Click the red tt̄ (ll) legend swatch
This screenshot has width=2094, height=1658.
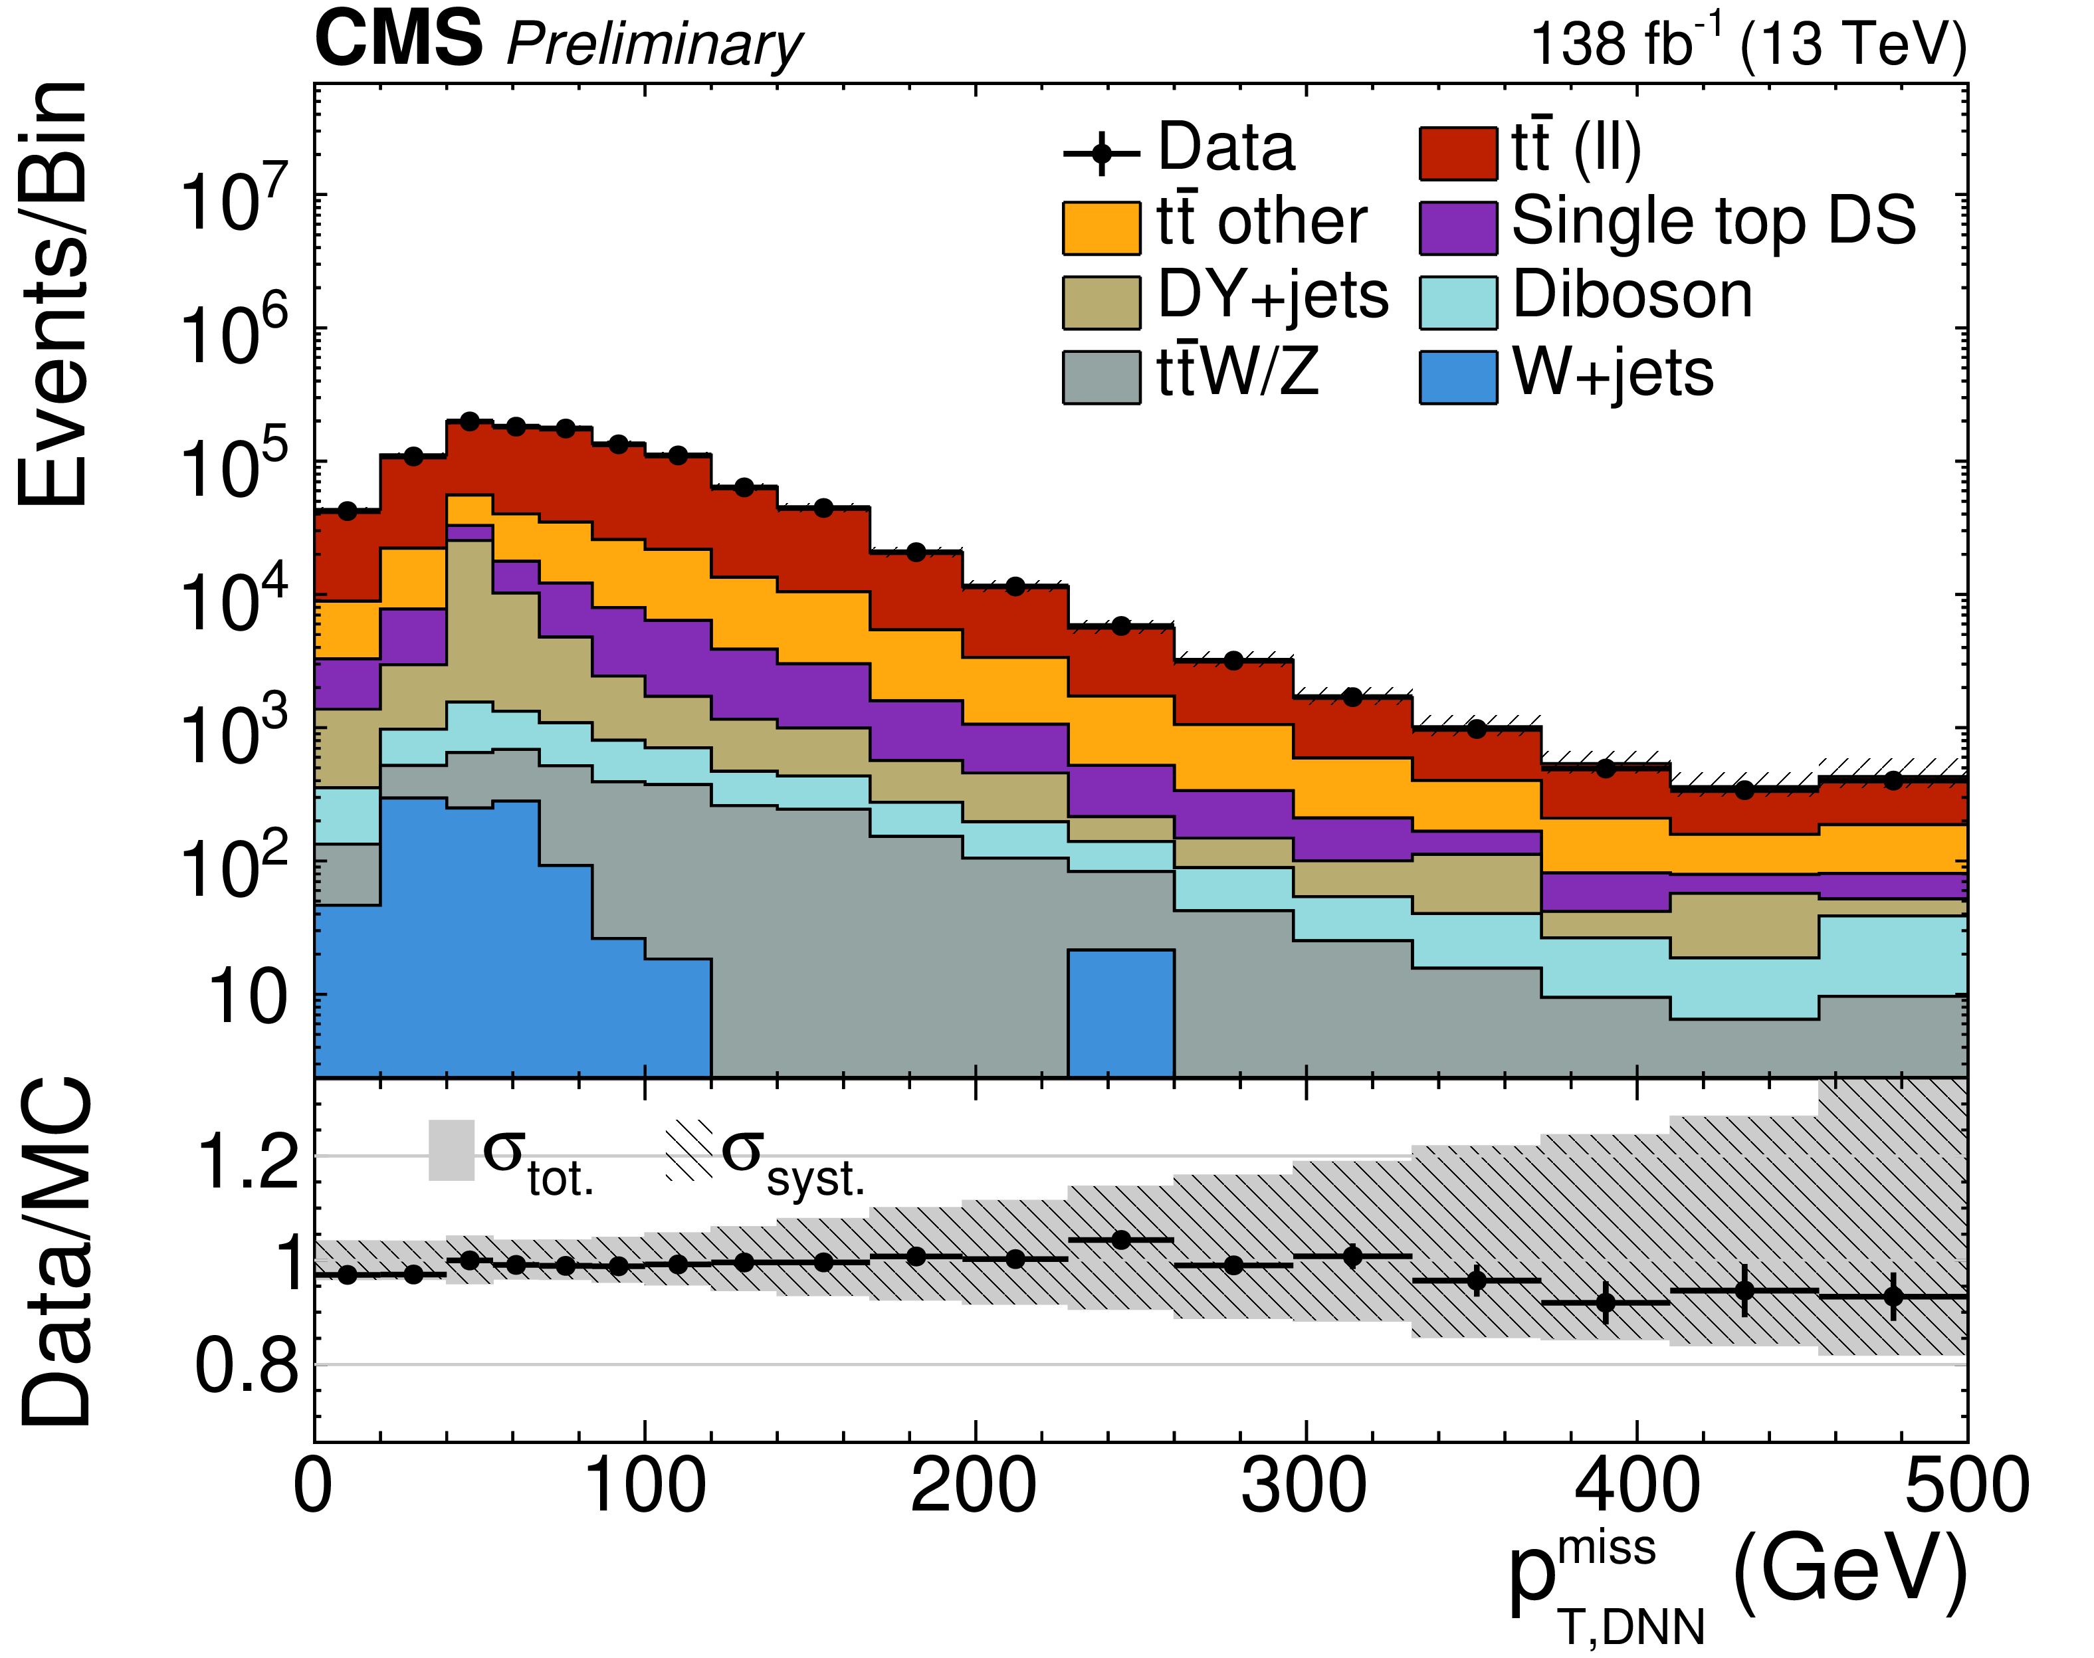point(1457,154)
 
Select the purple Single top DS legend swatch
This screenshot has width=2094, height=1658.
point(1457,228)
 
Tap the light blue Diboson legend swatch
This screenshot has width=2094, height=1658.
point(1457,303)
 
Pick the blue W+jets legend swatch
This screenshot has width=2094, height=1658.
point(1457,377)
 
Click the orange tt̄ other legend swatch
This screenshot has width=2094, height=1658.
point(1101,228)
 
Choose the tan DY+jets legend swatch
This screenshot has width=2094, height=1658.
point(1101,303)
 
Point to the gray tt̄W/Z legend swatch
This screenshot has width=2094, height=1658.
point(1101,377)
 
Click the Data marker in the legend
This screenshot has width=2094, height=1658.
point(1101,154)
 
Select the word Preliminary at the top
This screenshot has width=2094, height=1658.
point(655,46)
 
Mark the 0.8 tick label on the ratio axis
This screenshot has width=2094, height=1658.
point(248,1367)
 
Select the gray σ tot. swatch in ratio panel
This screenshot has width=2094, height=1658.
point(451,1150)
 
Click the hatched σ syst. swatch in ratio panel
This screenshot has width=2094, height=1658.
point(688,1150)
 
